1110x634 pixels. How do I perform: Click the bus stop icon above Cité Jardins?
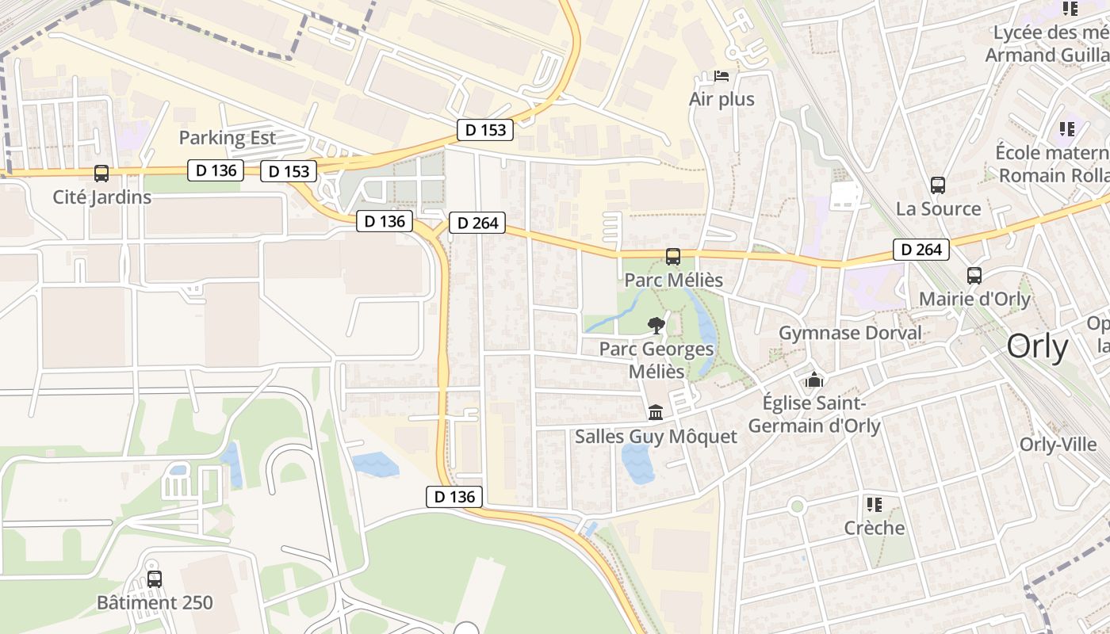tap(101, 174)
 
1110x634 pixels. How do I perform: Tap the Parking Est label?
tap(228, 137)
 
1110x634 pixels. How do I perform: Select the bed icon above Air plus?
tap(721, 76)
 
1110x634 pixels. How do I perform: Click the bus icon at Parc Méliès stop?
tap(673, 257)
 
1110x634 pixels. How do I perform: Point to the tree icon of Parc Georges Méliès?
tap(656, 325)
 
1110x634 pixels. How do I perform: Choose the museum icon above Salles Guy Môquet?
tap(656, 413)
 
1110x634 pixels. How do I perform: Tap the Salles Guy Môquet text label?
tap(656, 437)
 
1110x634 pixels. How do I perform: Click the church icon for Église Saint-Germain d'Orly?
tap(813, 380)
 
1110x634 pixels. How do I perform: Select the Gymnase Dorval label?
tap(850, 332)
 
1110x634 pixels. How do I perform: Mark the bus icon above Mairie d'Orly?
tap(974, 276)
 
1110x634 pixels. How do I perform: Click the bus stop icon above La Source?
tap(938, 185)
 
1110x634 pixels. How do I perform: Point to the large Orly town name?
tap(1037, 347)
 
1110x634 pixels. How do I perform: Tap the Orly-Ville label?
tap(1058, 445)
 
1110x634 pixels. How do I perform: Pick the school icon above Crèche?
tap(875, 505)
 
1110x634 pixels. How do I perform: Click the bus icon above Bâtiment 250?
tap(155, 579)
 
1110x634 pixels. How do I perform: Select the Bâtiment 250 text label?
tap(155, 603)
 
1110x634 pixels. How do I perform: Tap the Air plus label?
tap(721, 100)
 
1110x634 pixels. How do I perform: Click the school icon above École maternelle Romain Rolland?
tap(1066, 128)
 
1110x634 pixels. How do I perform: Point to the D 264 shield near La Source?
tap(921, 250)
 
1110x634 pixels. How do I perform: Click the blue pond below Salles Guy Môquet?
tap(637, 463)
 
